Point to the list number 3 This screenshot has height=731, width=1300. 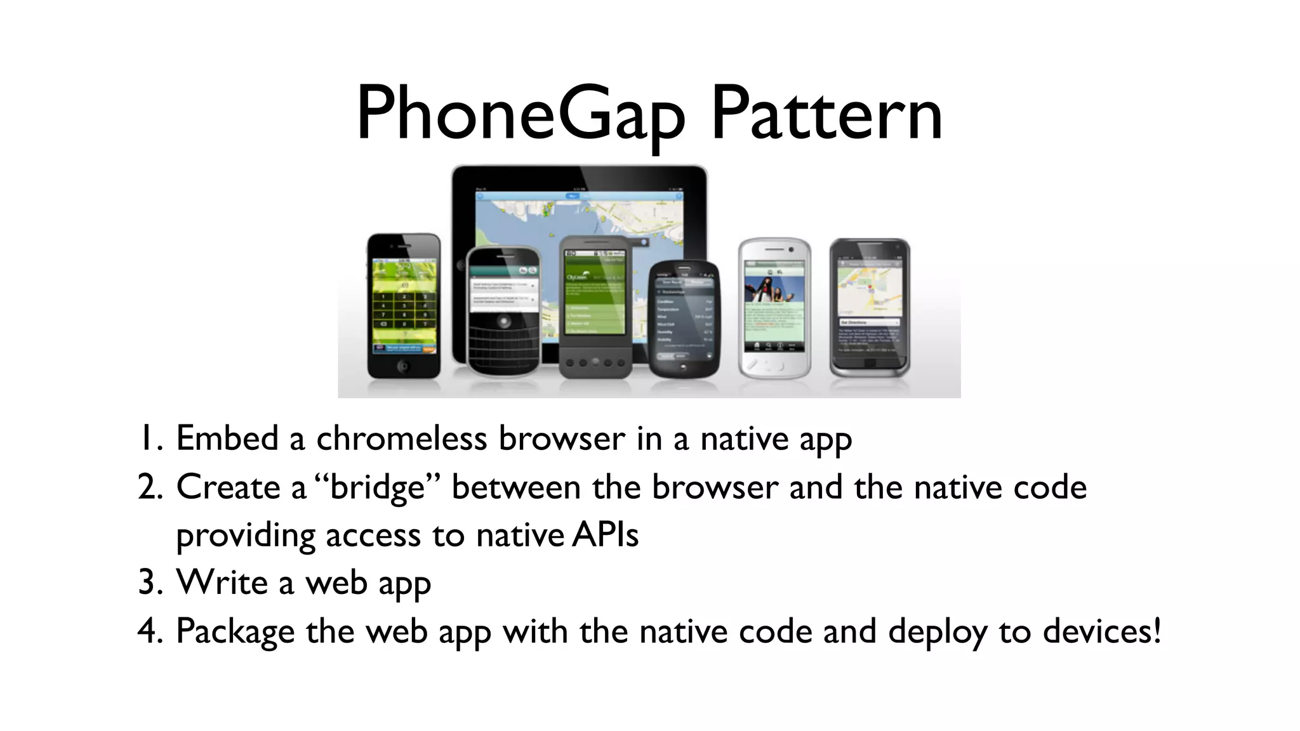coord(150,583)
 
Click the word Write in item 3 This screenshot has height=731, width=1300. coord(222,583)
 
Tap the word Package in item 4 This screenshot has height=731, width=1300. coord(235,632)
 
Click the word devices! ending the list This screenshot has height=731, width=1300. coord(1102,631)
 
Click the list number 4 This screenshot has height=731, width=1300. coord(150,631)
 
